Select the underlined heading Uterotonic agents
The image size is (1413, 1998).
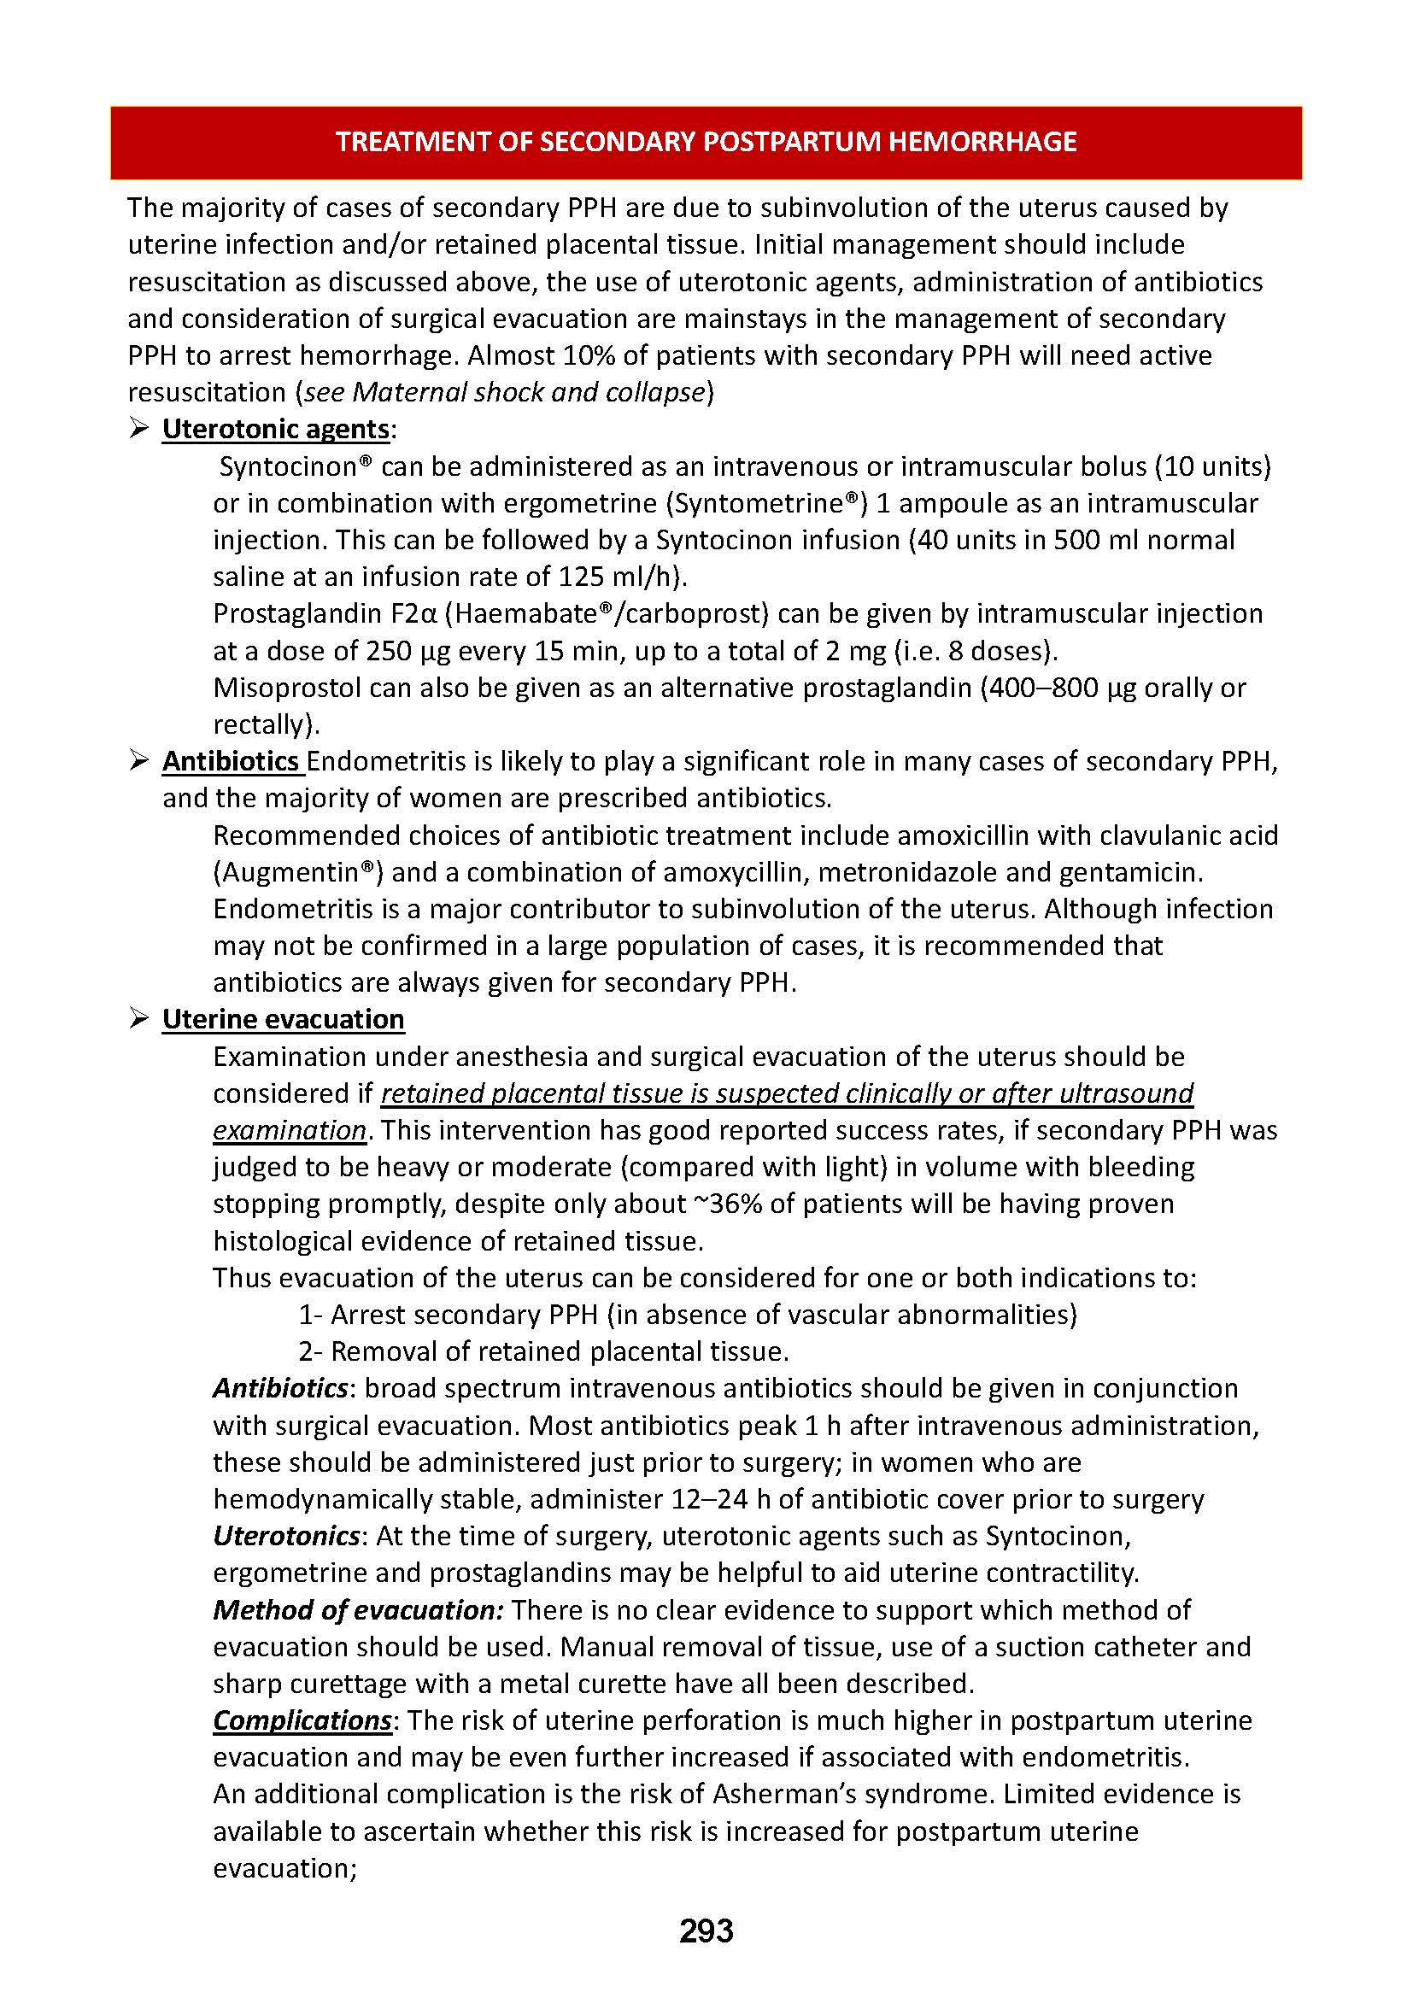coord(276,429)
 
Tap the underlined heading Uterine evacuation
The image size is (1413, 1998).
coord(283,1019)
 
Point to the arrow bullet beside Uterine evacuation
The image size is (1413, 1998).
coord(139,1019)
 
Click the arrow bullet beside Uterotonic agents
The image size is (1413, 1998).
coord(139,429)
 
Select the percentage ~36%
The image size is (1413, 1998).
coord(735,1204)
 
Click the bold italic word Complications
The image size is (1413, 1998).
coord(302,1720)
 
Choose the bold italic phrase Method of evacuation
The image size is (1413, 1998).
coord(358,1610)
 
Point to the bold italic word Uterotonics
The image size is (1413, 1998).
coord(285,1536)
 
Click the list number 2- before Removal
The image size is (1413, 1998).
coord(311,1351)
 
